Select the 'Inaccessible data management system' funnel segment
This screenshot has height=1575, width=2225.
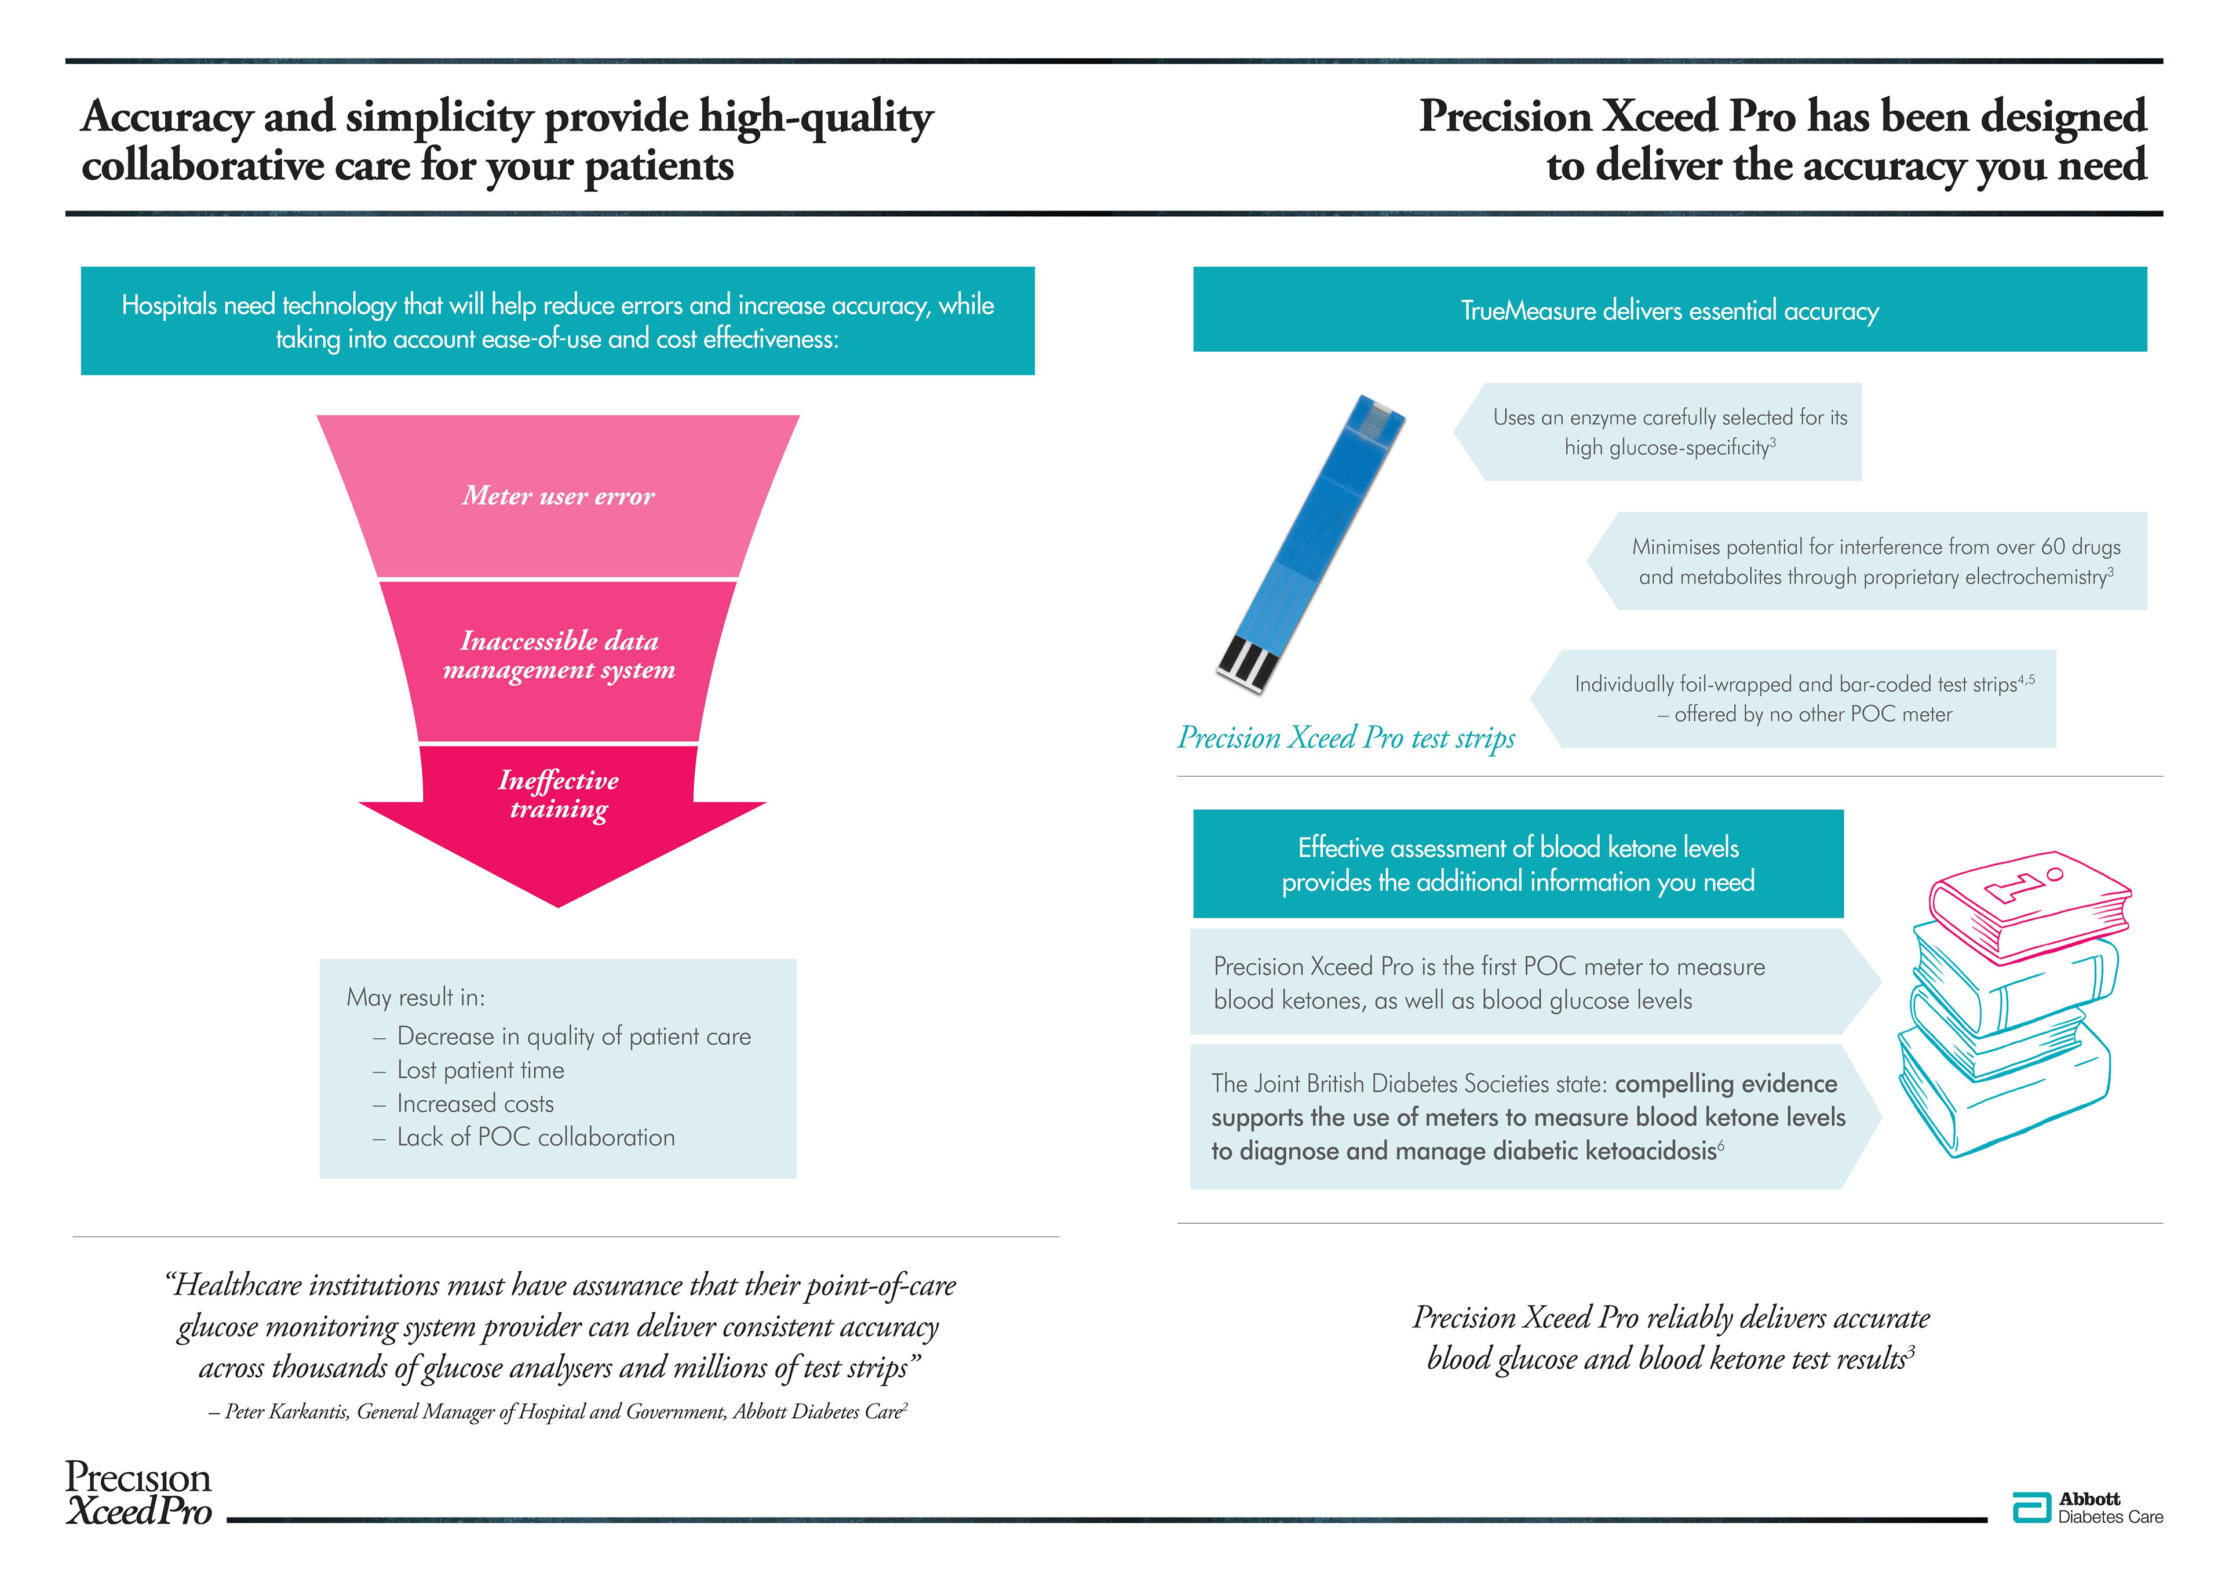tap(559, 656)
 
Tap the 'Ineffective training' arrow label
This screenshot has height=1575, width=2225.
tap(559, 795)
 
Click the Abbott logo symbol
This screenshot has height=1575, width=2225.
tap(2031, 1508)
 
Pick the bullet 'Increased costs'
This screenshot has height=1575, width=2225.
tap(475, 1104)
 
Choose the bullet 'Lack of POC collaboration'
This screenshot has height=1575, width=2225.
tap(535, 1137)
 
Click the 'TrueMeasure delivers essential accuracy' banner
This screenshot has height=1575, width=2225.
tap(1669, 310)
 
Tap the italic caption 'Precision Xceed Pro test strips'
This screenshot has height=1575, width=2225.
tap(1345, 738)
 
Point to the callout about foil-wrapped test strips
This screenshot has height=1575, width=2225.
tap(1803, 699)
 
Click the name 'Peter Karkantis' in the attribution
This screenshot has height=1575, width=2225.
tap(287, 1412)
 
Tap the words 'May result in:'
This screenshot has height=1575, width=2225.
tap(416, 997)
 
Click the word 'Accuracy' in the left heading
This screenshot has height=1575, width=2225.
tap(167, 117)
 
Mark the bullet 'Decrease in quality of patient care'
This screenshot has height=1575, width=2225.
tap(574, 1036)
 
